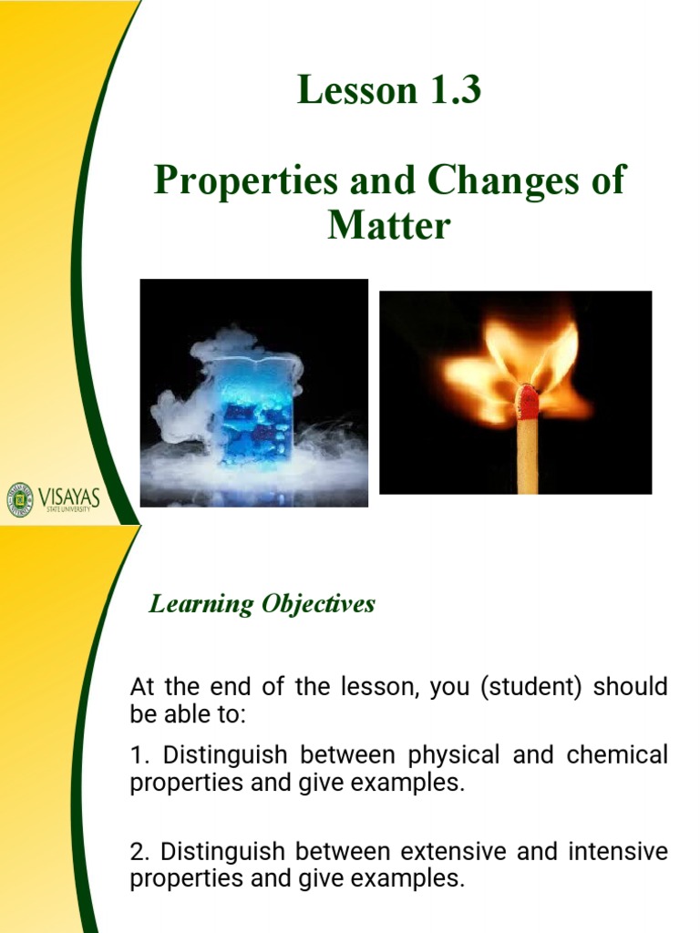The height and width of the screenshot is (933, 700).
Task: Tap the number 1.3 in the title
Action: (x=447, y=92)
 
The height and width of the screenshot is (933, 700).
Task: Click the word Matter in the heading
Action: (x=389, y=224)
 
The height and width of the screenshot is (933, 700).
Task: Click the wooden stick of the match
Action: (x=528, y=460)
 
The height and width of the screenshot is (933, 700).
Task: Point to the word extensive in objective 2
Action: (x=453, y=852)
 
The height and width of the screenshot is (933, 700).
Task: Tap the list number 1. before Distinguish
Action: (x=139, y=755)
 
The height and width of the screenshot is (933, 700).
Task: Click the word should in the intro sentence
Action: (x=631, y=687)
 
